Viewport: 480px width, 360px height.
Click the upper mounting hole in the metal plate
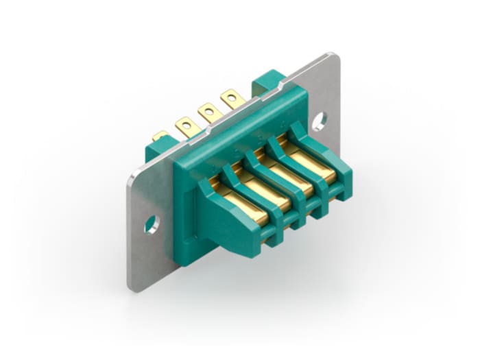[x=319, y=122]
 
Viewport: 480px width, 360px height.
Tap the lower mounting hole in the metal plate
[x=152, y=224]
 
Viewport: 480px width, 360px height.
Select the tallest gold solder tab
[x=232, y=99]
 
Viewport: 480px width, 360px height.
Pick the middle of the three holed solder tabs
[x=208, y=111]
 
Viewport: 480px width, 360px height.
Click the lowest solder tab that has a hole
[x=186, y=126]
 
